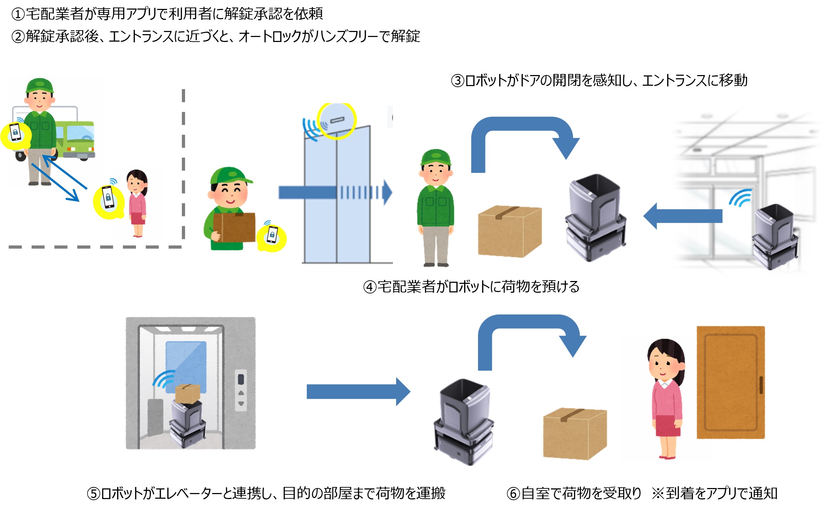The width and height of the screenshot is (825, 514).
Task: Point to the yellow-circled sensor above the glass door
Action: (x=336, y=120)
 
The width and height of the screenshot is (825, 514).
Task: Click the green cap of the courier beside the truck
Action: (x=40, y=86)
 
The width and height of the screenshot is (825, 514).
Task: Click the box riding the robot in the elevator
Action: (x=188, y=393)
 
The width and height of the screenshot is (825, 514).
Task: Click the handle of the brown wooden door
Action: (x=761, y=385)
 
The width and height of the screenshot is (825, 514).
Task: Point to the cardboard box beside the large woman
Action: (x=574, y=434)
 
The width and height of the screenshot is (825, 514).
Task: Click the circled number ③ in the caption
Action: (x=458, y=81)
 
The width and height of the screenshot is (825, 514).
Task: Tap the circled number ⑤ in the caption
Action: (x=94, y=494)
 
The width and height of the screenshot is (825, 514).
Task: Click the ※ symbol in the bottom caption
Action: (x=658, y=493)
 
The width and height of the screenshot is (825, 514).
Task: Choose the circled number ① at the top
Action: (x=18, y=14)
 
